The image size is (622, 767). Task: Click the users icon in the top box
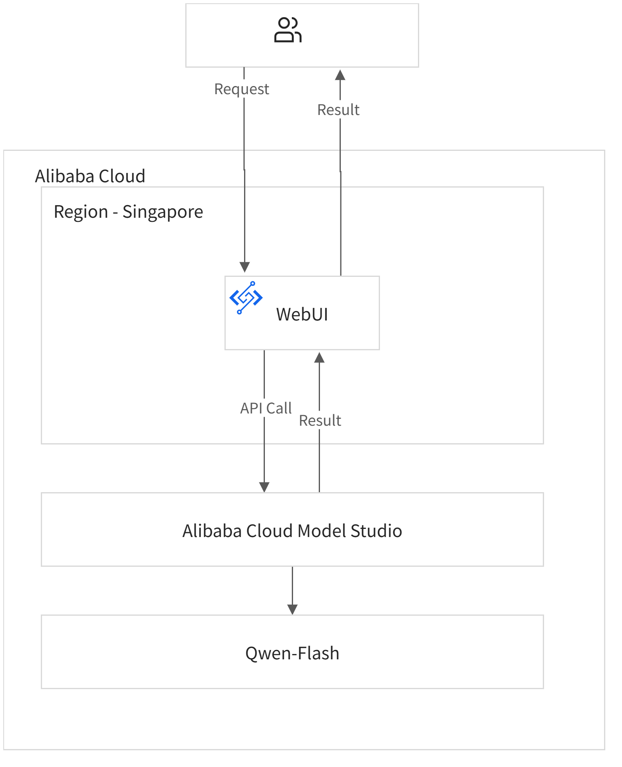click(288, 30)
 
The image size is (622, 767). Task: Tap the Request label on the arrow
click(242, 89)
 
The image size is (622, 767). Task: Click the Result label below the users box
click(338, 110)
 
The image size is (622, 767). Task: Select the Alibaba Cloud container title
click(90, 176)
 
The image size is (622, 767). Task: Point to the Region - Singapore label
click(128, 212)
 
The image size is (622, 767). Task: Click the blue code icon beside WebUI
click(246, 298)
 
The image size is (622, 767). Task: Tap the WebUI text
click(302, 314)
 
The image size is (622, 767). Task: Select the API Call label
click(266, 408)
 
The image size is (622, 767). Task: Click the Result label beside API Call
click(320, 420)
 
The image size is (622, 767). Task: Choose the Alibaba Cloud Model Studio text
click(292, 531)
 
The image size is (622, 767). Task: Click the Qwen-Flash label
click(292, 653)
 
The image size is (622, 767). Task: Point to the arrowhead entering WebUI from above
click(244, 267)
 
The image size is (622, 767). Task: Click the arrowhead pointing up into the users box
click(340, 75)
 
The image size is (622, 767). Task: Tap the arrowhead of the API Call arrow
click(264, 487)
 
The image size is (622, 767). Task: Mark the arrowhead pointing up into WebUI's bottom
click(319, 358)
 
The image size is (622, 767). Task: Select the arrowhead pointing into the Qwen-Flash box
click(292, 610)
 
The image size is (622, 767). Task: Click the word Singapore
click(162, 212)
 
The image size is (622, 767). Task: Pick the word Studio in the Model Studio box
click(376, 531)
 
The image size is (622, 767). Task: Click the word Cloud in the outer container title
click(122, 176)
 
